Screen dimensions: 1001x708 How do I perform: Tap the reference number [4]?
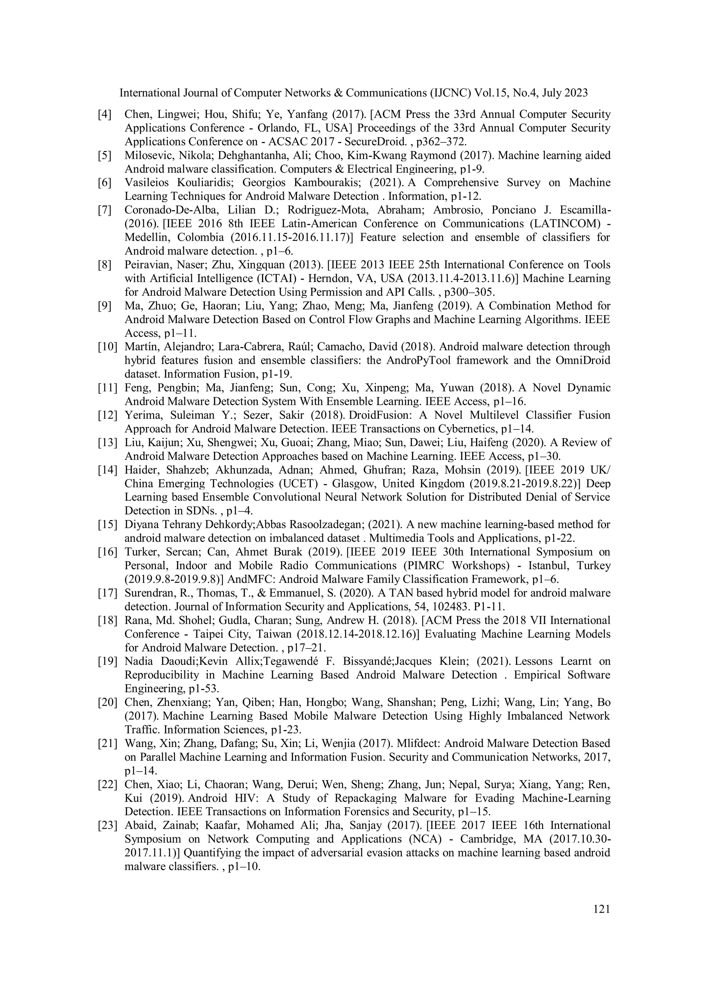coord(104,114)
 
